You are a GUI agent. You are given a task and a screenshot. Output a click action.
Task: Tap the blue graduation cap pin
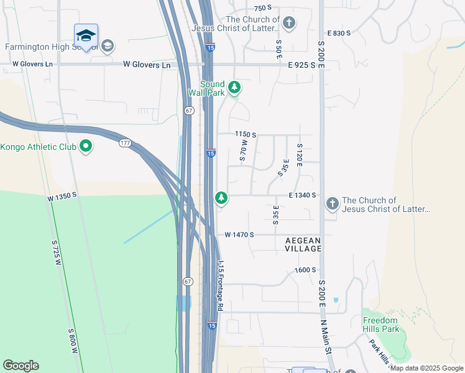86,35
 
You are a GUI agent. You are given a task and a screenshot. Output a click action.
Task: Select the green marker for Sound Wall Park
234,86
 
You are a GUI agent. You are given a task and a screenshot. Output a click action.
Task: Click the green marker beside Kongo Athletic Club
86,147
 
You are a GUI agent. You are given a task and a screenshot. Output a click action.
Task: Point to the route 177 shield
124,143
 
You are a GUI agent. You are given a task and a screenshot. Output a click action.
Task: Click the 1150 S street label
246,134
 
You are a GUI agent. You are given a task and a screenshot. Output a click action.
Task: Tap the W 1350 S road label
62,195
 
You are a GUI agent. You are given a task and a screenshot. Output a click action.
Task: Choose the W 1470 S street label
240,234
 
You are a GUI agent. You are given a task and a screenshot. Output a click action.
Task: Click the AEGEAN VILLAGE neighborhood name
303,244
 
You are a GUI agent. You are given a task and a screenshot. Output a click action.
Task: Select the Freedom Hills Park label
380,325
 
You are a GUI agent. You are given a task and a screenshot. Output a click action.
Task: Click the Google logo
21,366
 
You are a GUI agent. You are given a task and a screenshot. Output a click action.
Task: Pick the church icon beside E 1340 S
332,203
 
